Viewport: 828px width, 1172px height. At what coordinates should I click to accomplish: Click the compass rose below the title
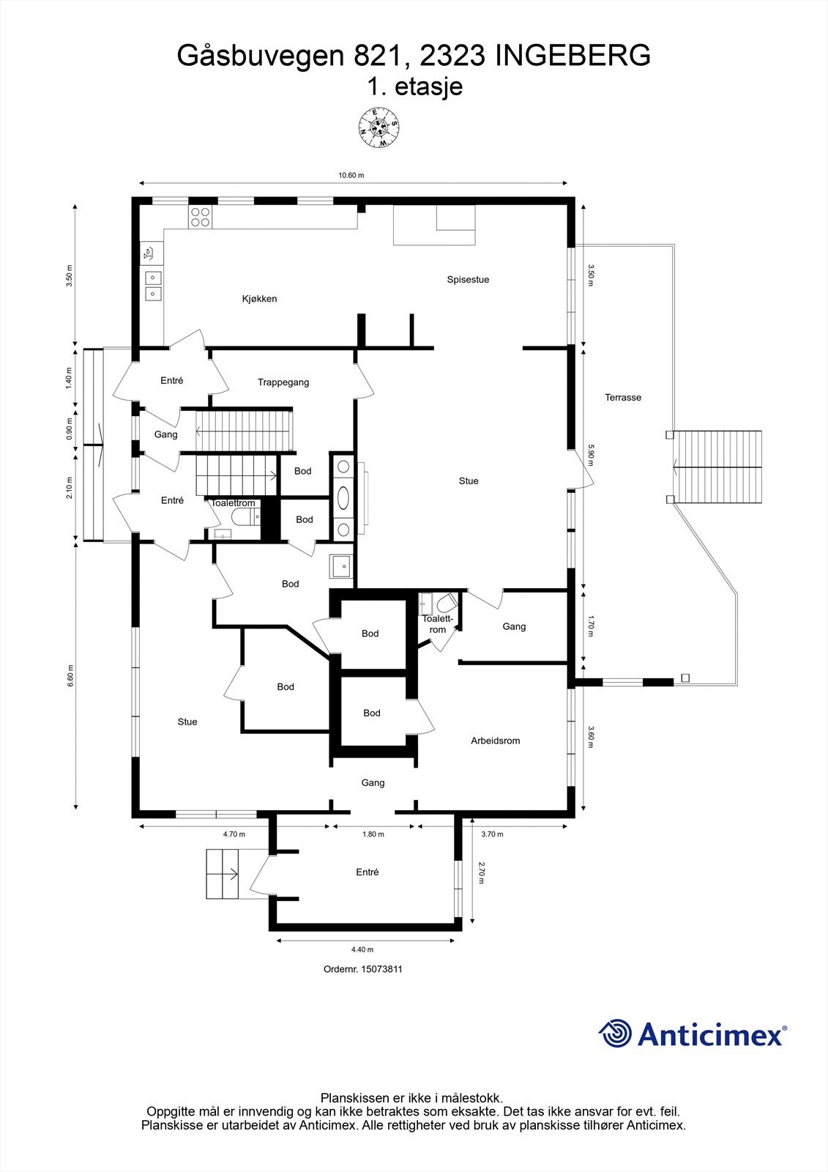click(x=378, y=128)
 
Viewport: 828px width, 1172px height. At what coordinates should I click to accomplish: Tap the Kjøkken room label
click(x=259, y=299)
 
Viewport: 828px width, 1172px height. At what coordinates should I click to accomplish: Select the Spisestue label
click(x=468, y=280)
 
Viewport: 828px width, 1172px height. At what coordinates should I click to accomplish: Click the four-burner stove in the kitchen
click(x=200, y=216)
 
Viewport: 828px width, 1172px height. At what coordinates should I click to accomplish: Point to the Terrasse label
click(x=623, y=398)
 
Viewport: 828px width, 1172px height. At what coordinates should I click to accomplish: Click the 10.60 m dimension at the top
click(x=351, y=176)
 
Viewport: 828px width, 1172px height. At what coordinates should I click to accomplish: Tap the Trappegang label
click(x=283, y=382)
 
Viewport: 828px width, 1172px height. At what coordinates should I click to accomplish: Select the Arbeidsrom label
click(x=495, y=741)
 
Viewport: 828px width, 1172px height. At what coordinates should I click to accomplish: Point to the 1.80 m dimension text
click(x=373, y=834)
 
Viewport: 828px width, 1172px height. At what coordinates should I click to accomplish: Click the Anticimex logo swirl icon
click(x=615, y=1034)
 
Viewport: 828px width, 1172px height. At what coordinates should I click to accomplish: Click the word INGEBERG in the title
click(x=572, y=56)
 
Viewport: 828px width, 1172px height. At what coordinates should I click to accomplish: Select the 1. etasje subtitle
click(x=414, y=86)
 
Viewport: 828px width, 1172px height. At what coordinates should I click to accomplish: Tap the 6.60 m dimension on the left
click(x=70, y=675)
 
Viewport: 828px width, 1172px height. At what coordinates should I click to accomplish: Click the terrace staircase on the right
click(x=717, y=467)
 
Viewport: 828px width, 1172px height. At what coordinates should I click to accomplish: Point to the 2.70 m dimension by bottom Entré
click(x=481, y=872)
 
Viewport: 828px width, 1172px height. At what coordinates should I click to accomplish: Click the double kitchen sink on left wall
click(x=153, y=286)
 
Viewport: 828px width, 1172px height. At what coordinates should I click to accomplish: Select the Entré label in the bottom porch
click(x=368, y=872)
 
